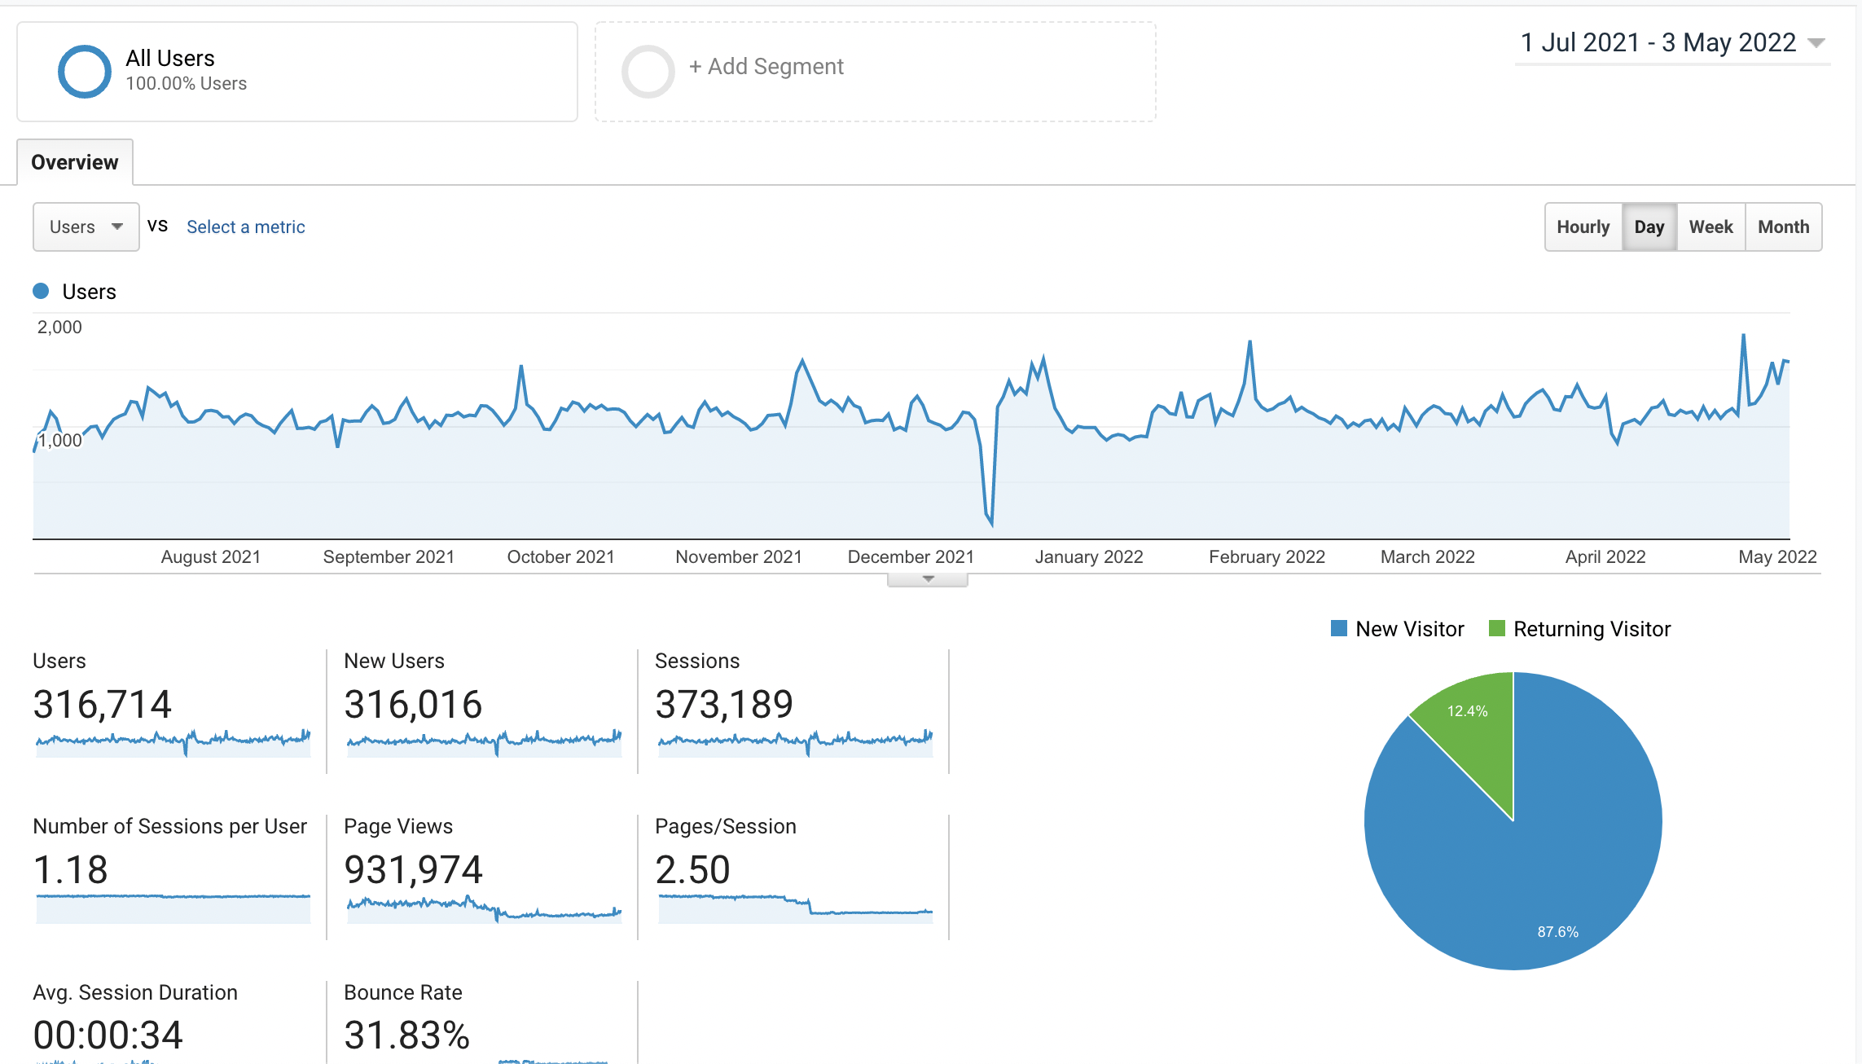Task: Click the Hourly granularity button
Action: click(1583, 227)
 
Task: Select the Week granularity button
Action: click(1710, 227)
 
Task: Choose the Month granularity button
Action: click(1783, 227)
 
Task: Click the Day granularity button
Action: click(1649, 227)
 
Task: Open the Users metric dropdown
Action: click(86, 227)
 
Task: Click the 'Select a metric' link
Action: click(246, 227)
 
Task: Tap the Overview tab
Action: click(75, 162)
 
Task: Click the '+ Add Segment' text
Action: click(766, 67)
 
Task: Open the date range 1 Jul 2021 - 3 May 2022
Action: click(1672, 42)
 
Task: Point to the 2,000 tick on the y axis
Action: click(59, 328)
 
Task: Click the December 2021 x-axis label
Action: click(911, 557)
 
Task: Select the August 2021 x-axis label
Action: click(210, 557)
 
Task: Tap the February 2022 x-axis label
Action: click(1267, 557)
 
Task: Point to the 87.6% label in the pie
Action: click(1557, 932)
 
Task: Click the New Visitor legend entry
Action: click(1398, 629)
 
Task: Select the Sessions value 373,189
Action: click(724, 705)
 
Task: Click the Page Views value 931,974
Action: click(414, 870)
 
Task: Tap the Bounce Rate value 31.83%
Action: click(407, 1035)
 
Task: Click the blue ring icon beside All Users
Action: click(85, 46)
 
